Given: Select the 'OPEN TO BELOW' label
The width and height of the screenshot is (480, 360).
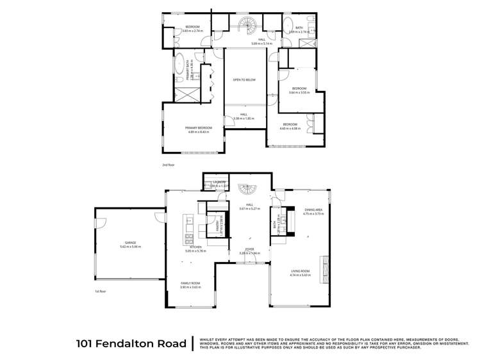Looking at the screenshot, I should click(x=245, y=80).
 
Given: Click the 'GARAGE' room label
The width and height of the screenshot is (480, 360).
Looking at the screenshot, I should click(x=130, y=243).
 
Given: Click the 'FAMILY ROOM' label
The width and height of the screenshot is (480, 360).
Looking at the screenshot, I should click(x=190, y=283).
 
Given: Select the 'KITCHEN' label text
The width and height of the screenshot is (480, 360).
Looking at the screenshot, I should click(x=194, y=247).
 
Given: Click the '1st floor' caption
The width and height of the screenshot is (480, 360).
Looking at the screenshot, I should click(x=100, y=291).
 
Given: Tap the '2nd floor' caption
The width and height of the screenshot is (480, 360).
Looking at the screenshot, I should click(x=169, y=165).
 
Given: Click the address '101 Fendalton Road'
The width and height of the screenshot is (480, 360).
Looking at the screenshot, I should click(x=131, y=343).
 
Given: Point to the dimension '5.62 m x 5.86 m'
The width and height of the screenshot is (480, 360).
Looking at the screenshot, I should click(x=130, y=247).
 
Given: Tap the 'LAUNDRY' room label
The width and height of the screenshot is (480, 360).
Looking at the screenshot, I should click(x=220, y=182).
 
